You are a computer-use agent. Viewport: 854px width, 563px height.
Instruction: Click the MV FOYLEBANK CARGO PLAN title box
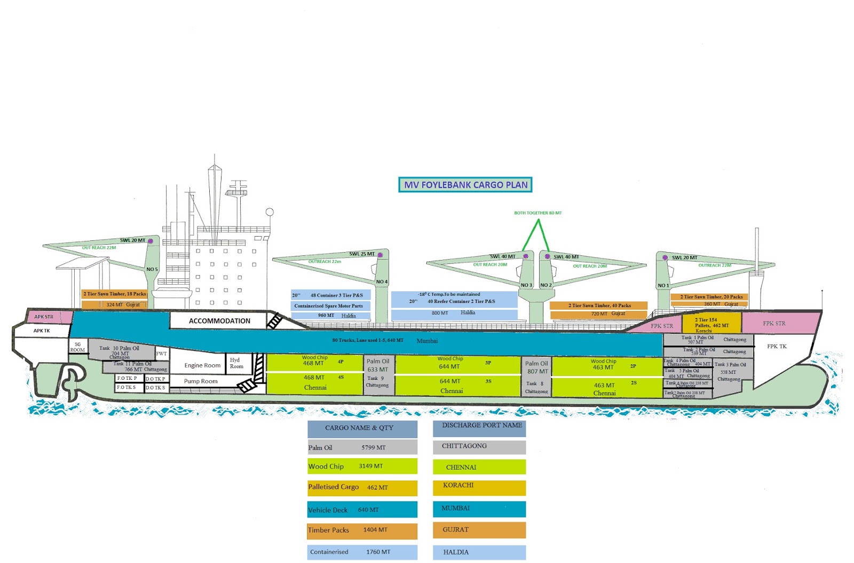click(x=465, y=185)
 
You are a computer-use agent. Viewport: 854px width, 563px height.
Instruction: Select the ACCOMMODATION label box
click(x=219, y=321)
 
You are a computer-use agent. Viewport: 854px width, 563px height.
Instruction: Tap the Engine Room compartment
click(x=202, y=365)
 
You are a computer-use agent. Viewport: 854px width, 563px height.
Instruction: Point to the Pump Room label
click(x=201, y=381)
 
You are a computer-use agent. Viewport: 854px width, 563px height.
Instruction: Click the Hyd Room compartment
click(x=236, y=363)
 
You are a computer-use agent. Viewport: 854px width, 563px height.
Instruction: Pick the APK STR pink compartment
click(x=44, y=317)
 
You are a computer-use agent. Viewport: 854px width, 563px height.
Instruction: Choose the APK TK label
click(x=42, y=331)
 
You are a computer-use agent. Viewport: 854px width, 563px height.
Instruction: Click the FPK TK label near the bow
click(x=777, y=347)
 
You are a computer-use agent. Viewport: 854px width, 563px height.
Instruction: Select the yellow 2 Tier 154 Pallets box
click(x=711, y=324)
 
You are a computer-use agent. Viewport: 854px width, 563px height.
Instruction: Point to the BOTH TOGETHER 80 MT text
click(x=537, y=213)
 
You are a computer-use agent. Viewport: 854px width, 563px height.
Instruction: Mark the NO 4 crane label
click(x=382, y=281)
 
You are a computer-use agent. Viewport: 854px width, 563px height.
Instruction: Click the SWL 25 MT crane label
click(x=362, y=254)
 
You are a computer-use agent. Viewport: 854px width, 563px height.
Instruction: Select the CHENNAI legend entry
click(x=479, y=467)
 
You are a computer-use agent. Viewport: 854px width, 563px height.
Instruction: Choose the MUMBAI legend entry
click(x=479, y=509)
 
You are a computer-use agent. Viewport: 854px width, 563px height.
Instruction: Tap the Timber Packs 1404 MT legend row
click(x=362, y=530)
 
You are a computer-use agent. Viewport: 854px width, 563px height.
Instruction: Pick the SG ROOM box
click(x=77, y=347)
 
